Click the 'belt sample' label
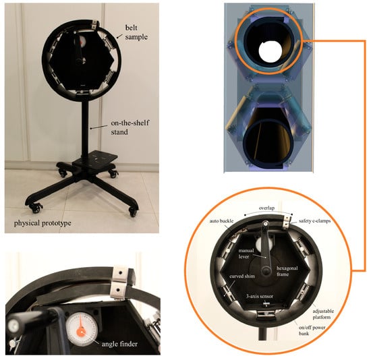pyautogui.click(x=136, y=32)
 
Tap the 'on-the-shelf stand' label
pyautogui.click(x=130, y=127)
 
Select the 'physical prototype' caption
pyautogui.click(x=42, y=223)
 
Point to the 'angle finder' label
pyautogui.click(x=119, y=344)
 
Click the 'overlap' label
pyautogui.click(x=266, y=208)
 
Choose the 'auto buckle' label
pyautogui.click(x=221, y=221)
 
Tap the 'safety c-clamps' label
pyautogui.click(x=315, y=221)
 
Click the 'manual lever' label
pyautogui.click(x=246, y=253)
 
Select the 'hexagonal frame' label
pyautogui.click(x=287, y=271)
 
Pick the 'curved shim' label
pyautogui.click(x=241, y=276)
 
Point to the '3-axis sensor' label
pyautogui.click(x=260, y=296)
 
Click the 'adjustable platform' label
pyautogui.click(x=323, y=314)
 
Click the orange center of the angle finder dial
pyautogui.click(x=81, y=331)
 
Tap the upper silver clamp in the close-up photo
pyautogui.click(x=121, y=274)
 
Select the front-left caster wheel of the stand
pyautogui.click(x=36, y=208)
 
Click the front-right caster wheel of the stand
pyautogui.click(x=133, y=212)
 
